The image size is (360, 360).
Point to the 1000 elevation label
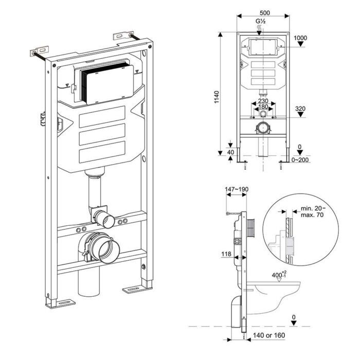pyautogui.click(x=300, y=38)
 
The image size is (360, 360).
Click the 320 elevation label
pyautogui.click(x=300, y=109)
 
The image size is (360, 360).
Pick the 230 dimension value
pyautogui.click(x=263, y=101)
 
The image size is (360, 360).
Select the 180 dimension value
pyautogui.click(x=263, y=107)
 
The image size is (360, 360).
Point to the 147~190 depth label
pyautogui.click(x=237, y=190)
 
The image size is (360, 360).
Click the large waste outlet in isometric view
pyautogui.click(x=105, y=246)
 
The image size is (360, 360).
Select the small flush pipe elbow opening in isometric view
pyautogui.click(x=107, y=222)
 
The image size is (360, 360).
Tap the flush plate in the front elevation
pyautogui.click(x=263, y=48)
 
